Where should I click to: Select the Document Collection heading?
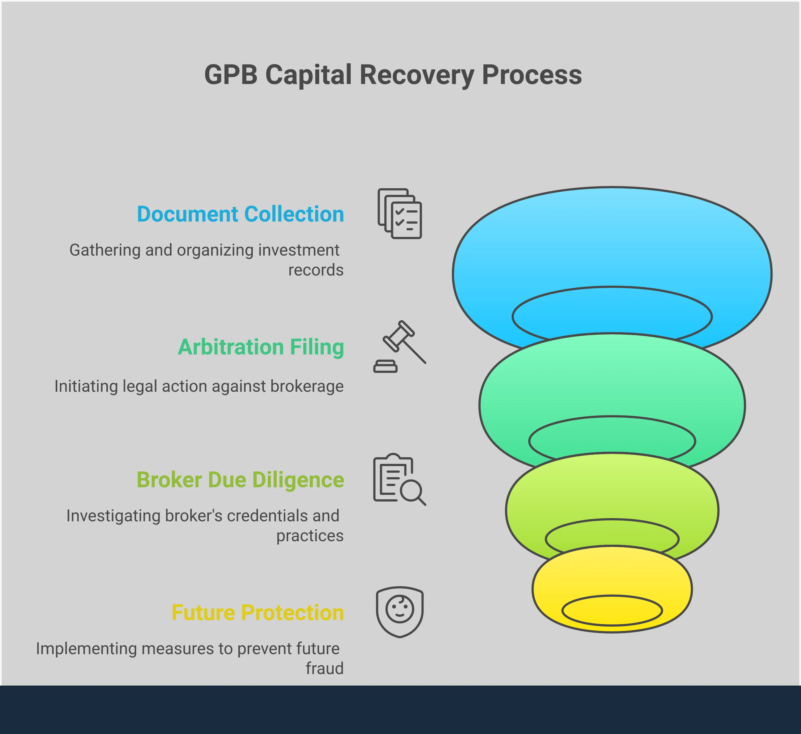pyautogui.click(x=240, y=214)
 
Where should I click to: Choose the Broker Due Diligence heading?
pyautogui.click(x=240, y=480)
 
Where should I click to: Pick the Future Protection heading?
pyautogui.click(x=258, y=613)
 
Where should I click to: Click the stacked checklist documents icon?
pyautogui.click(x=400, y=214)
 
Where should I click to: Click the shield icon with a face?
pyautogui.click(x=400, y=612)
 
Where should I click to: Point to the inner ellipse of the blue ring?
pyautogui.click(x=612, y=314)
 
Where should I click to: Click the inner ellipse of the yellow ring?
pyautogui.click(x=612, y=610)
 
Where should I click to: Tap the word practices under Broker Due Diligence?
pyautogui.click(x=310, y=536)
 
